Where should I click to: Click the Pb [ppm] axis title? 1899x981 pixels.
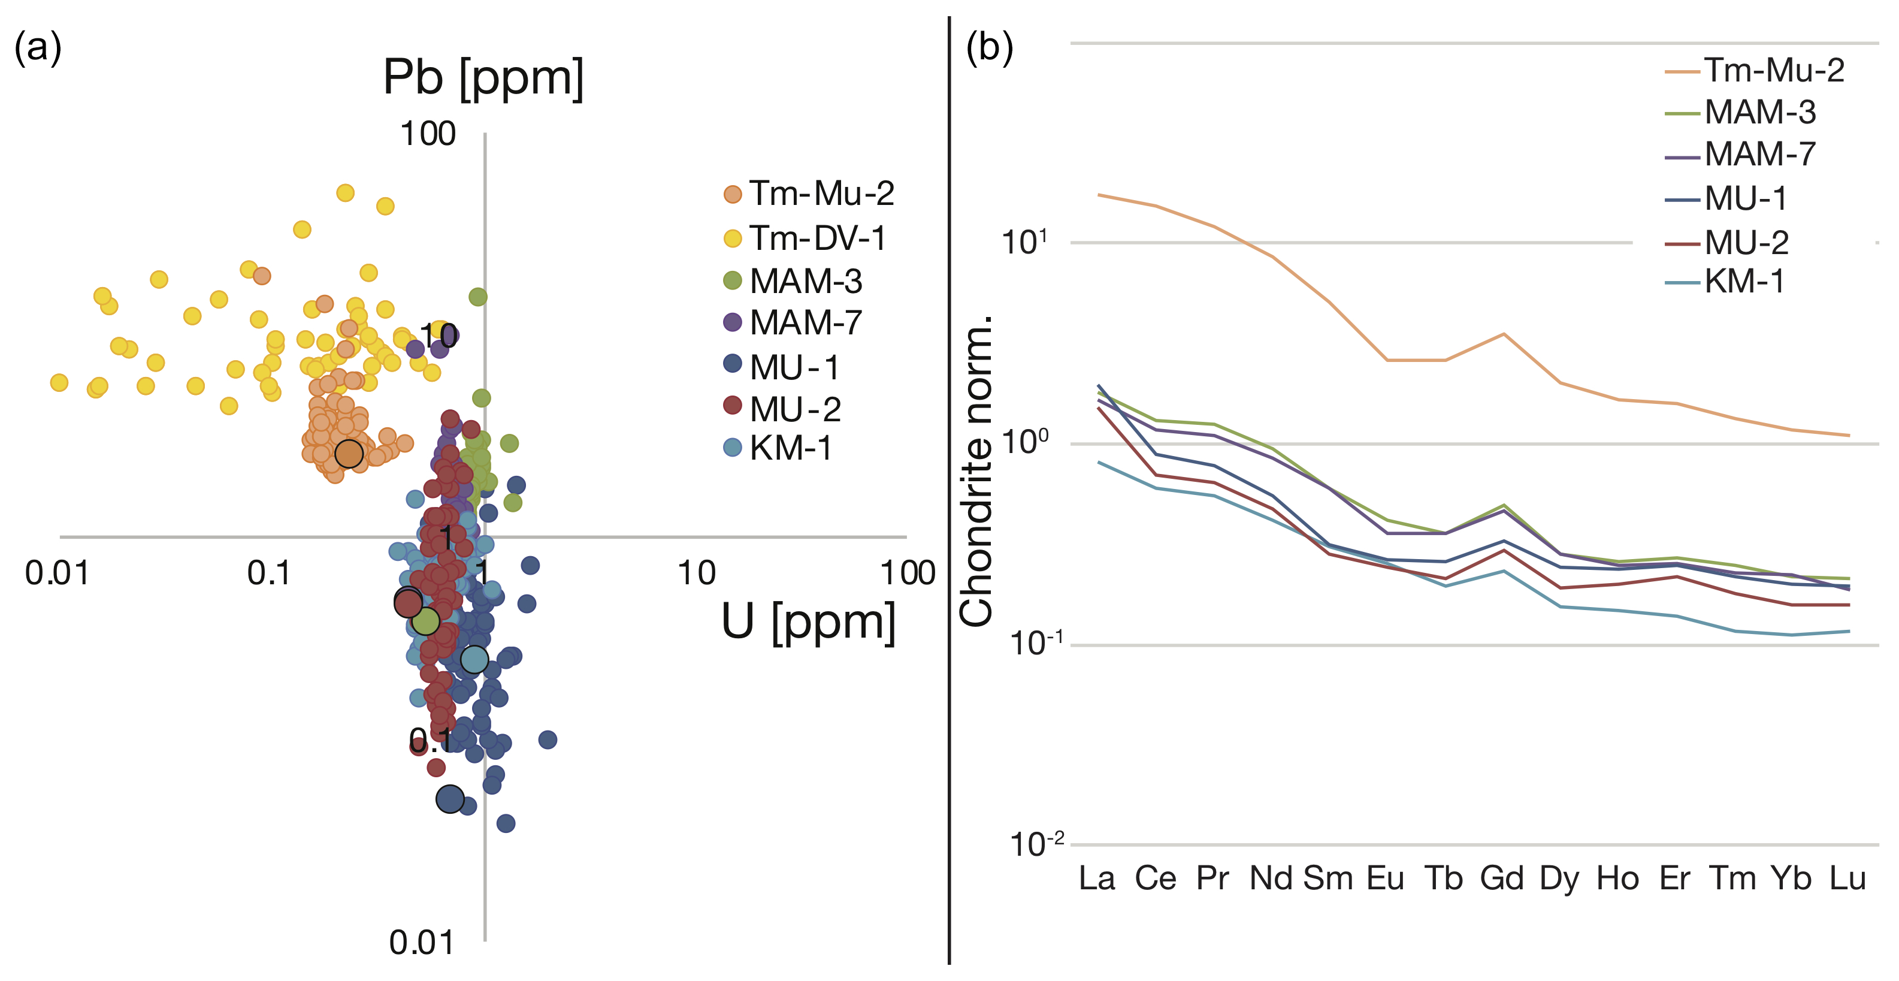click(x=483, y=77)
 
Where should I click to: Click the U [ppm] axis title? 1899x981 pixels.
click(x=808, y=622)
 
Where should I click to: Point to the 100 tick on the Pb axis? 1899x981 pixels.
click(x=428, y=134)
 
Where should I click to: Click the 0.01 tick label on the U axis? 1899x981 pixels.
click(x=57, y=573)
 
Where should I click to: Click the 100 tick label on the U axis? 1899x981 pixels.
click(x=908, y=573)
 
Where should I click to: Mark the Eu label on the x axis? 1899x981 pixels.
click(x=1385, y=879)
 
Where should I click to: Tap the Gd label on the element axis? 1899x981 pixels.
click(x=1502, y=879)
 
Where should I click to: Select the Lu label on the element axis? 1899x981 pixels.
click(x=1847, y=879)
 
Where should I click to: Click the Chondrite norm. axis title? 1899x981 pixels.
click(x=976, y=472)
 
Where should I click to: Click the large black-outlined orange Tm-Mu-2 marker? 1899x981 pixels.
click(x=349, y=454)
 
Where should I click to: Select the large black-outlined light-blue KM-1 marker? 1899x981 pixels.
click(x=474, y=659)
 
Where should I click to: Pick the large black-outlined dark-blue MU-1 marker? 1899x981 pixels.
click(x=450, y=799)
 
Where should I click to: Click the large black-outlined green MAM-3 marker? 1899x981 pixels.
click(x=425, y=621)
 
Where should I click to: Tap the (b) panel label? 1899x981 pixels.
click(x=989, y=48)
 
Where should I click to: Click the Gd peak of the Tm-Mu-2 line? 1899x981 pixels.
click(x=1503, y=334)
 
